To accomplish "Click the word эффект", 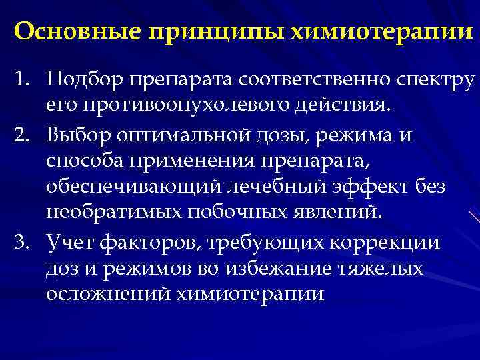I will pos(378,189).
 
